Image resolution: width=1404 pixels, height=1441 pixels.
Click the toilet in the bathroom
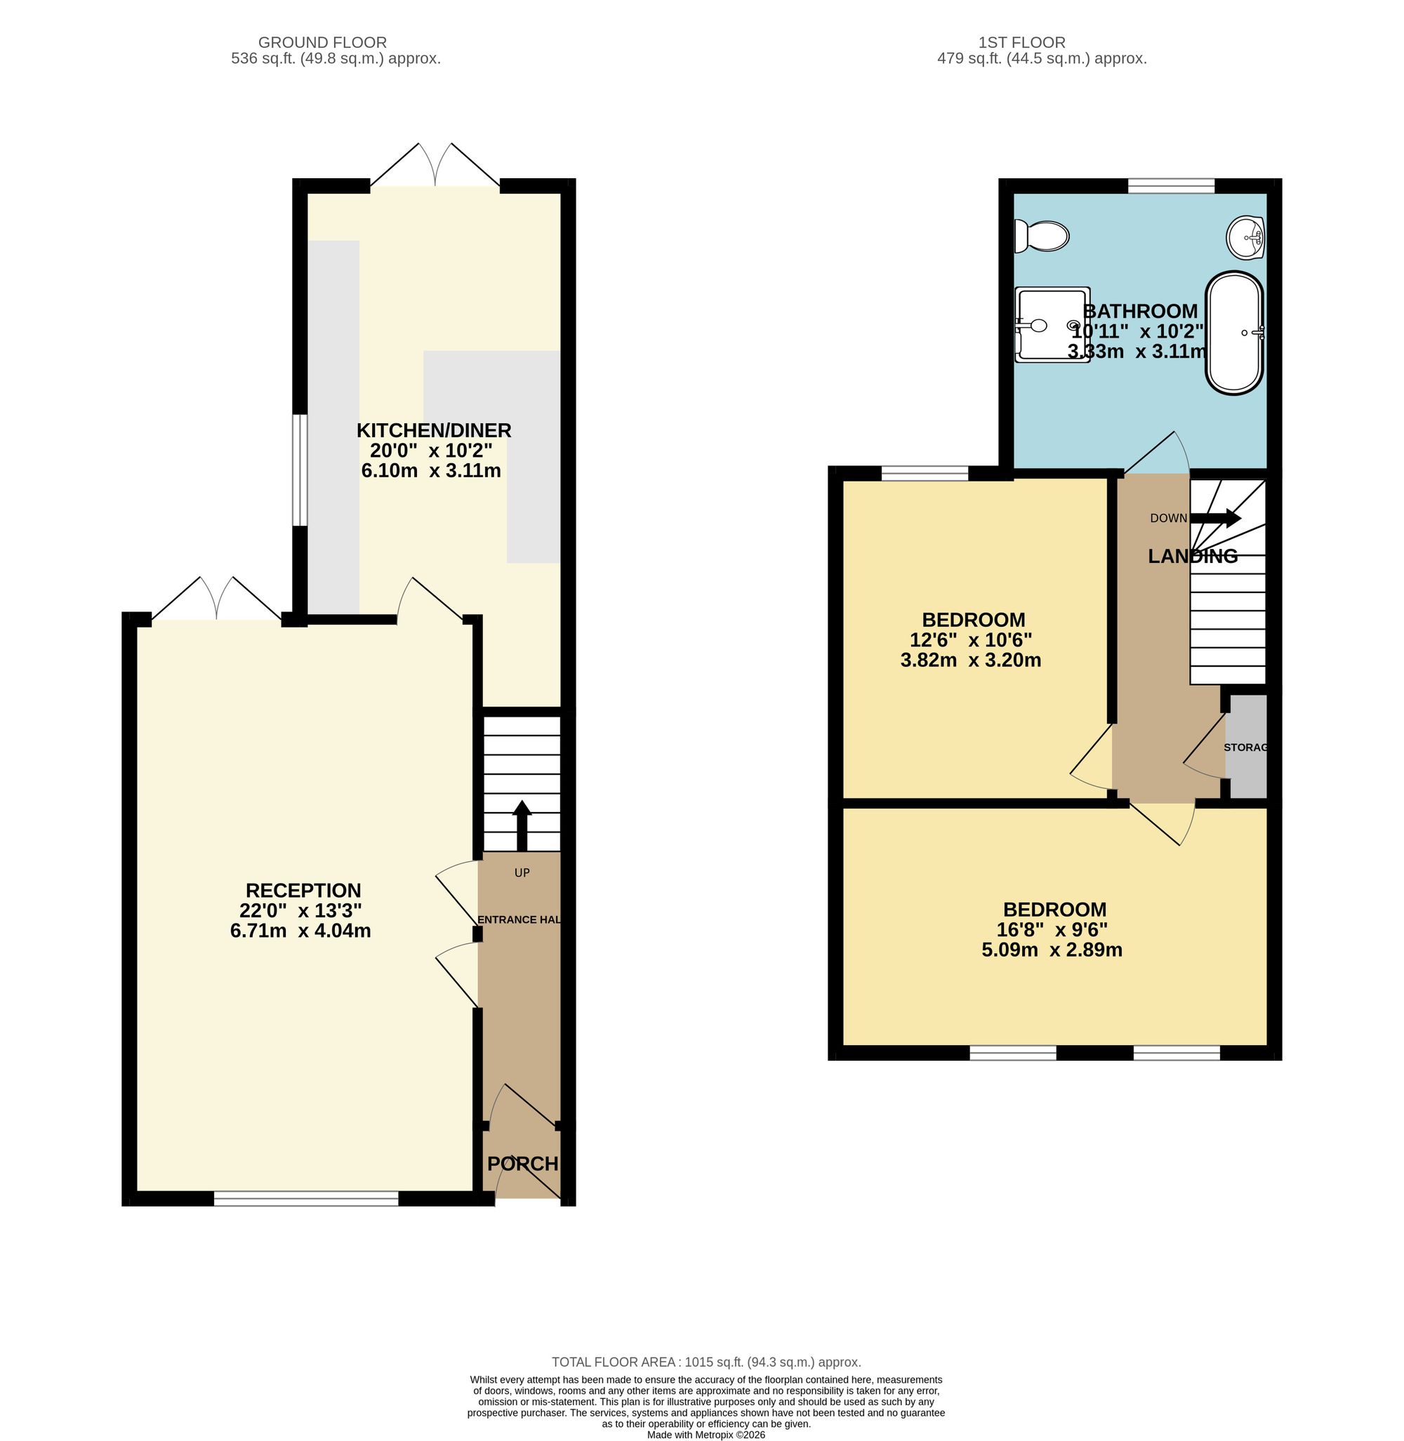coord(1040,236)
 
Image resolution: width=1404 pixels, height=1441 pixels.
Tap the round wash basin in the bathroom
coord(1246,237)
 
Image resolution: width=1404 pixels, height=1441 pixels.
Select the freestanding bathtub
coord(1234,332)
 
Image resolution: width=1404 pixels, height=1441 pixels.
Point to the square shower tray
coord(1052,324)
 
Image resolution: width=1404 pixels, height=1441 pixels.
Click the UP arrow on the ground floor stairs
coord(522,825)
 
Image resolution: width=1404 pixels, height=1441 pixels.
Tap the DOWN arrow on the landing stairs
coord(1216,518)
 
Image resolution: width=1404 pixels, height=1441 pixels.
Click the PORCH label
coord(523,1163)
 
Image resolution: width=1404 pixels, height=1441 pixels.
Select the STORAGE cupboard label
coord(1245,747)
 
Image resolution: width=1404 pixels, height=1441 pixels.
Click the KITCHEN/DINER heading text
coord(434,430)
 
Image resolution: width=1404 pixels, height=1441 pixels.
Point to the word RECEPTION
coord(303,890)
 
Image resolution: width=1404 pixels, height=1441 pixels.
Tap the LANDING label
coord(1193,556)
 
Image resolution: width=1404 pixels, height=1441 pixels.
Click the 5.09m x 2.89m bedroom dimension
coord(1052,950)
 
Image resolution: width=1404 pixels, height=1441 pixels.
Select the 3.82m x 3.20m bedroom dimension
coord(970,660)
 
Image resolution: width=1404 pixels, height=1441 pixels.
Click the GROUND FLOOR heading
coord(322,43)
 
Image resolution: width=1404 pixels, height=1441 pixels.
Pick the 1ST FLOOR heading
coord(1021,43)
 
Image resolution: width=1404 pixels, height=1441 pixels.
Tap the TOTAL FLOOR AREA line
coord(706,1362)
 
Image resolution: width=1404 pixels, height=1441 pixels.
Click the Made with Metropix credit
coord(706,1435)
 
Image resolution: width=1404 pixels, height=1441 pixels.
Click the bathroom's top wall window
coord(1171,186)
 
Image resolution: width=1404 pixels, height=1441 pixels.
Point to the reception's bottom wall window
coord(306,1198)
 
